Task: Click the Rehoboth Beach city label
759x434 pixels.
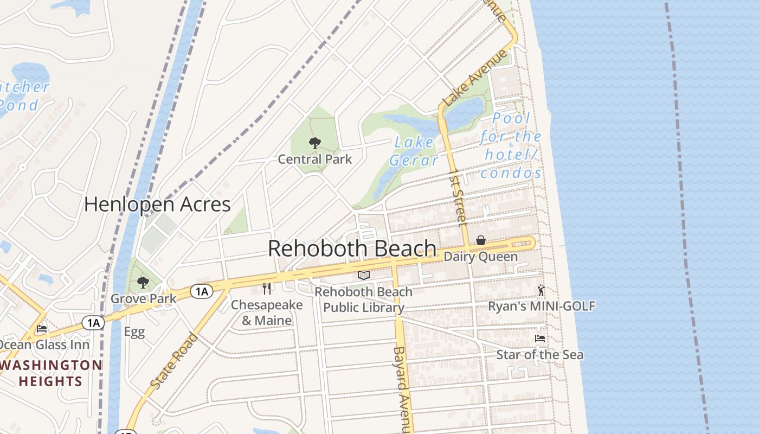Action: pos(352,248)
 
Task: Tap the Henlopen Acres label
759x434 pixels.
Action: pos(157,205)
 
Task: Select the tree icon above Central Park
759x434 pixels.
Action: pos(314,143)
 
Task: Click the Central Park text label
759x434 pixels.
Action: pos(314,159)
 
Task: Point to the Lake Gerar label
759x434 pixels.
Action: pos(414,151)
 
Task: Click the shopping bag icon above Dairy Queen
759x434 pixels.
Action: pos(480,240)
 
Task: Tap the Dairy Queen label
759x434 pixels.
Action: pos(480,257)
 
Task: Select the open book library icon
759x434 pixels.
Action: pos(364,276)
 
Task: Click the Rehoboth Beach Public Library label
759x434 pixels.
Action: pos(364,299)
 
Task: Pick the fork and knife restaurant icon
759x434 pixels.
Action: pos(267,288)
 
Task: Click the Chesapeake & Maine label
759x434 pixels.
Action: pos(267,312)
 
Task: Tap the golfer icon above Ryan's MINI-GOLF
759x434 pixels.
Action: pos(541,290)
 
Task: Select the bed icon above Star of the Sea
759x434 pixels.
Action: pos(540,339)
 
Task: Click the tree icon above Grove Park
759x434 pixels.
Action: pos(143,282)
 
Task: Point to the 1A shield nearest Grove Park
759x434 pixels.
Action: pos(201,292)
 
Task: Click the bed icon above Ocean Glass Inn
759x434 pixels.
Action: pos(42,329)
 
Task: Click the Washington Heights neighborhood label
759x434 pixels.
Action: pos(51,373)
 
